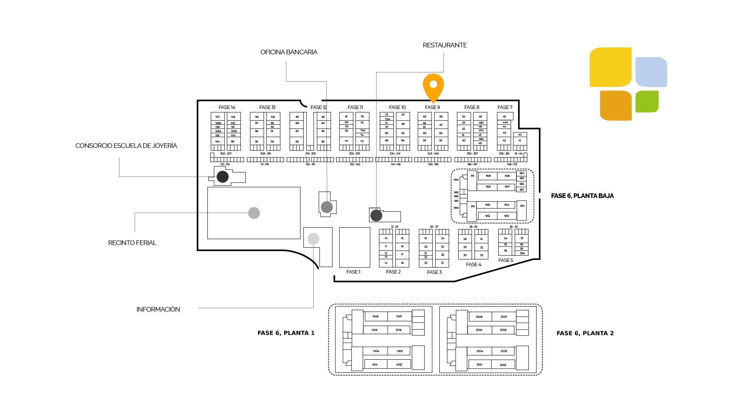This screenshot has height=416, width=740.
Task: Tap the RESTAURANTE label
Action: coord(445,45)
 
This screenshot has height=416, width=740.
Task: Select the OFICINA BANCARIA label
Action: coord(289,52)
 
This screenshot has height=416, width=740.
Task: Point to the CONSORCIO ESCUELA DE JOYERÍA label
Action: coord(126,146)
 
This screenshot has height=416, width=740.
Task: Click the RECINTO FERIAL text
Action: coord(132,243)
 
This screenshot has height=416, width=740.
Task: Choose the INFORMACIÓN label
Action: coord(158,310)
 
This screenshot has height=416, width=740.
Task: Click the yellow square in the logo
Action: coord(610,67)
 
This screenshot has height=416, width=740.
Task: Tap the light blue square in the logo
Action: coord(651,72)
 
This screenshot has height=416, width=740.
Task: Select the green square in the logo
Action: coord(647,102)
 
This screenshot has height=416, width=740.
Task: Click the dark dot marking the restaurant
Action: coord(376,215)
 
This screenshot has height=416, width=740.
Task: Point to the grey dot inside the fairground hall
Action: coord(254,213)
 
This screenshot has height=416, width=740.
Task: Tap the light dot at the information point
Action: coord(313,239)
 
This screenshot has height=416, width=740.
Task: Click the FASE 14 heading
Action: coord(227,107)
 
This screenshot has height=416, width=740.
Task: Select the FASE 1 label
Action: coord(353,272)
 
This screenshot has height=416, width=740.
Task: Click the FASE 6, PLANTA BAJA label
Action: coord(582,196)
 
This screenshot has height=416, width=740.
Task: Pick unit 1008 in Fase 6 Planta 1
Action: coord(375,317)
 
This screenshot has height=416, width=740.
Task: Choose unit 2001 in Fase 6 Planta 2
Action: coord(479,364)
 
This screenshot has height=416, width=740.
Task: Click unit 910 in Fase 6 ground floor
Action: coord(522,206)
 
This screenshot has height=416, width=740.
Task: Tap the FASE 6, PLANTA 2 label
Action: coord(585,334)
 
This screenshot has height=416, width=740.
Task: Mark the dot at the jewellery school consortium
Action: coord(222,177)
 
